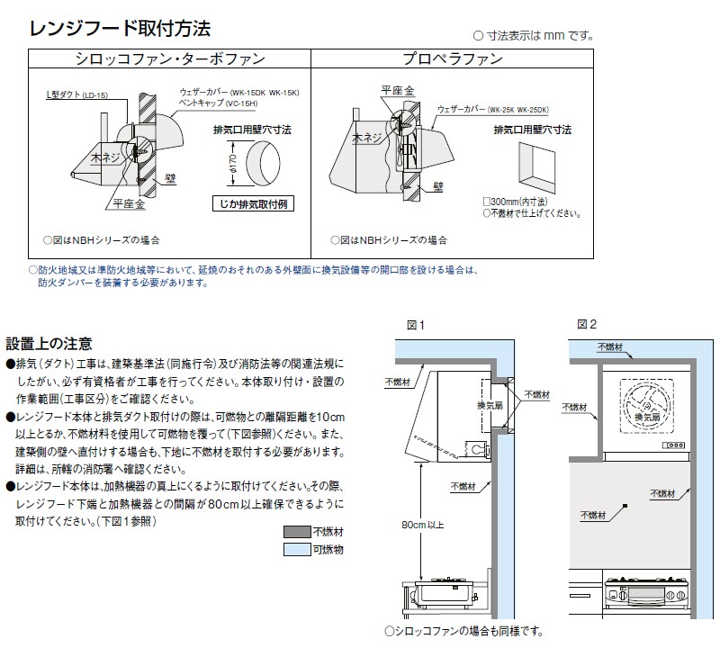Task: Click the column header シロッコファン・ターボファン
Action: [x=169, y=59]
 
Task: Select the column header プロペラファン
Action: [x=453, y=59]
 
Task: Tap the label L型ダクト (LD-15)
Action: [x=77, y=94]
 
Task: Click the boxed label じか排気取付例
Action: [x=253, y=204]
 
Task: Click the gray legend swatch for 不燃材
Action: [x=297, y=531]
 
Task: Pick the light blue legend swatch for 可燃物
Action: [x=297, y=549]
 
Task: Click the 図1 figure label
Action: [x=415, y=324]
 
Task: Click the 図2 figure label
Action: [x=587, y=324]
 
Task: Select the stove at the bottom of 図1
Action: [x=440, y=594]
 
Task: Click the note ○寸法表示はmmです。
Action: [x=534, y=36]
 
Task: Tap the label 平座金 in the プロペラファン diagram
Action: [x=397, y=91]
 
